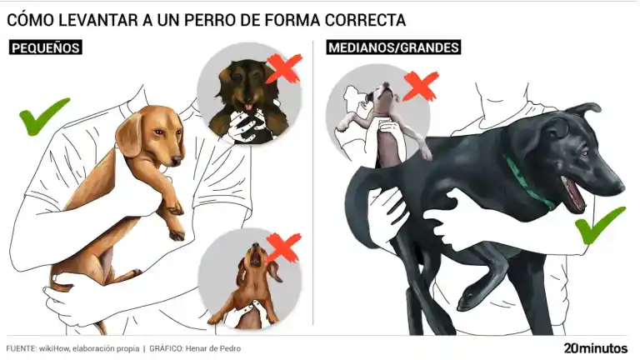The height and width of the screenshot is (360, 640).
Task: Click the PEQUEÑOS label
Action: [x=45, y=47]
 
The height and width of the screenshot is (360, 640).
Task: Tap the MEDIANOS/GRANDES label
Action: [x=393, y=47]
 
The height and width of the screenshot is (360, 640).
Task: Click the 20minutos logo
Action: [x=596, y=348]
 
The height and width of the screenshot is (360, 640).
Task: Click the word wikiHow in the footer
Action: [x=54, y=348]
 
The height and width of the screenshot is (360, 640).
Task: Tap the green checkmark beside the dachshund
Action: [x=42, y=116]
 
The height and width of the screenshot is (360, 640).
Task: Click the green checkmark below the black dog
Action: [x=599, y=225]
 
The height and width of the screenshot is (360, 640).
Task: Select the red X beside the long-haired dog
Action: [x=283, y=68]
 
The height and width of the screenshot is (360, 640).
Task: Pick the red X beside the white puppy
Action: [x=420, y=86]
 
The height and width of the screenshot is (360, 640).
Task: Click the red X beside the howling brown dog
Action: [x=282, y=247]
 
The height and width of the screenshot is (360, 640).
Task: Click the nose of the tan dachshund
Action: [x=177, y=160]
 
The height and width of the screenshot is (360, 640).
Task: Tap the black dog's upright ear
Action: [x=583, y=109]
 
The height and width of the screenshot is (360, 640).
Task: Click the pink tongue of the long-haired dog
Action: [x=248, y=107]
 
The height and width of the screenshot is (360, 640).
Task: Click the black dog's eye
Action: [x=584, y=154]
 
